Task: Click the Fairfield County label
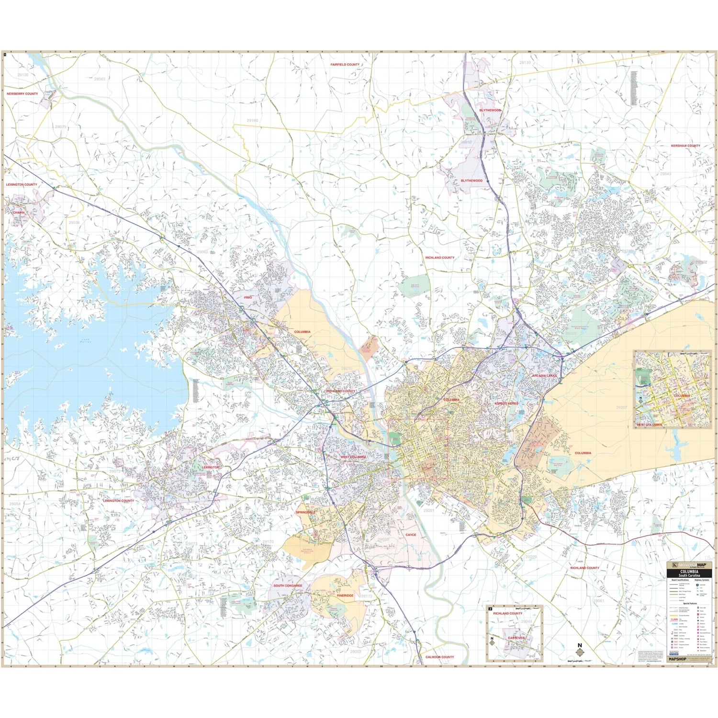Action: click(x=345, y=65)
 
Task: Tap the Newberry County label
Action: click(x=22, y=94)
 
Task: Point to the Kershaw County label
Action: click(x=685, y=146)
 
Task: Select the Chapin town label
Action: click(x=19, y=213)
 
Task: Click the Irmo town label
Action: click(x=247, y=297)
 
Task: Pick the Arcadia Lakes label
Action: click(x=544, y=376)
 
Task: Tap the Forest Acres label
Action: click(x=506, y=404)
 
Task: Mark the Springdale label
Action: click(x=305, y=512)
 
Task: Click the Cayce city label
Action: click(x=411, y=535)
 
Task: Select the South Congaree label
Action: click(x=288, y=585)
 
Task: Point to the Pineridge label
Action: click(x=345, y=595)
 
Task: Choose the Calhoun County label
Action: click(x=439, y=657)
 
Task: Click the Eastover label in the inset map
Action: click(x=516, y=638)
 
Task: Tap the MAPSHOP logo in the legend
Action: click(x=677, y=659)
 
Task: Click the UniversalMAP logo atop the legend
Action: click(x=689, y=565)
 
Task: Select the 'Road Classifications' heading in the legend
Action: click(x=680, y=580)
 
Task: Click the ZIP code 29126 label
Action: click(x=22, y=75)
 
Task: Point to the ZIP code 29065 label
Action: click(x=100, y=79)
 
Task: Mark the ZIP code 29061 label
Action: click(x=598, y=601)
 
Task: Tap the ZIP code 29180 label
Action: click(x=252, y=121)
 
